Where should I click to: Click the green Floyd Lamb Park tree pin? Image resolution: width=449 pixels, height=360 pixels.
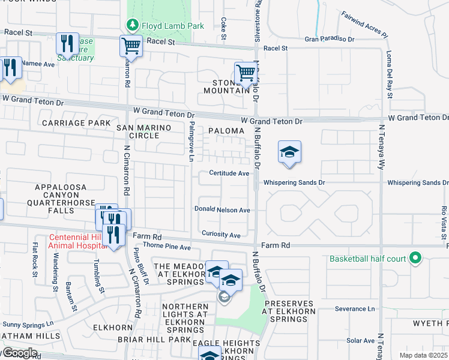pyautogui.click(x=131, y=26)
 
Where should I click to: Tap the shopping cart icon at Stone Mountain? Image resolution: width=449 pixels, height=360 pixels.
pyautogui.click(x=246, y=73)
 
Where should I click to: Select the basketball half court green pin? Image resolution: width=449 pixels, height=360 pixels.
pyautogui.click(x=415, y=259)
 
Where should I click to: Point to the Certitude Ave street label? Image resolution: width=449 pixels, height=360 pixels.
pyautogui.click(x=229, y=173)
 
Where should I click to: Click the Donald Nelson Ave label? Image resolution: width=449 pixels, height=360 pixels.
pyautogui.click(x=221, y=209)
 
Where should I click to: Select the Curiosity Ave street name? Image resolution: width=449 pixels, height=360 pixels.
pyautogui.click(x=221, y=234)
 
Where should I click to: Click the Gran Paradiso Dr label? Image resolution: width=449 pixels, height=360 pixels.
pyautogui.click(x=330, y=39)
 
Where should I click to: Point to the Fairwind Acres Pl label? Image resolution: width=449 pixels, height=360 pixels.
pyautogui.click(x=364, y=23)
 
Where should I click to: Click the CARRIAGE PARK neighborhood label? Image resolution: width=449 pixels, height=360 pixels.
pyautogui.click(x=76, y=123)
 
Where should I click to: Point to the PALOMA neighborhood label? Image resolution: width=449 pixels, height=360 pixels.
pyautogui.click(x=226, y=130)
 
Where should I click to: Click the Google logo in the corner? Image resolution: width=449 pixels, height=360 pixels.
pyautogui.click(x=19, y=353)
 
